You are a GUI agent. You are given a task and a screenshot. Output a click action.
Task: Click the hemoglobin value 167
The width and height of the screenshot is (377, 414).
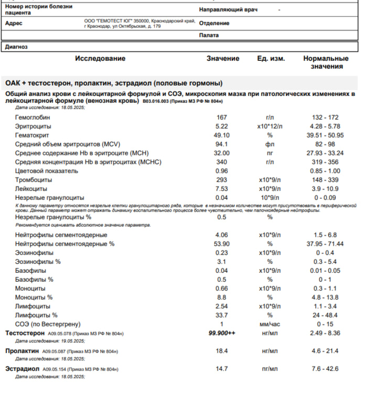(x=222, y=117)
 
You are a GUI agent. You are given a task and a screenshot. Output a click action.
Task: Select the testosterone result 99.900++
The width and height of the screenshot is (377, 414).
(x=222, y=333)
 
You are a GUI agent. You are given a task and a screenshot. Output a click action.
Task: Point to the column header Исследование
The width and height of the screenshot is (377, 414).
(x=100, y=59)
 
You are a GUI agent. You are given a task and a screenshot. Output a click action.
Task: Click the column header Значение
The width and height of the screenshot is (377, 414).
(x=223, y=59)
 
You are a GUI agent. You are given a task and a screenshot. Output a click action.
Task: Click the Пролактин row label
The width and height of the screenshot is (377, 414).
(x=23, y=351)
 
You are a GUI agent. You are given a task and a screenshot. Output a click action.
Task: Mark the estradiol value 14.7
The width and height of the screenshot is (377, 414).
(x=222, y=369)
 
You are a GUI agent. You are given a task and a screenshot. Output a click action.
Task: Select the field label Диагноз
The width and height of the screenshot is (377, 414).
(x=16, y=47)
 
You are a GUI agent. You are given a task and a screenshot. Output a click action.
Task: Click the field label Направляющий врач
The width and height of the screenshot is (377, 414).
(x=228, y=10)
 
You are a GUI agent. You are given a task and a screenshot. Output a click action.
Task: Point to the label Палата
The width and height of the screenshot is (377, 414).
(x=209, y=36)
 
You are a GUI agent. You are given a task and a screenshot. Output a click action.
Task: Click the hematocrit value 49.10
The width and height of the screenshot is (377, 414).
(x=222, y=135)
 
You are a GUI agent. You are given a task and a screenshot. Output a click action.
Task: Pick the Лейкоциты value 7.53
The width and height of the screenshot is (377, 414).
(x=222, y=188)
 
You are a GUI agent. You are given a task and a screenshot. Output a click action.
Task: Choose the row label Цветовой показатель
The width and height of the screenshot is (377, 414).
(x=47, y=171)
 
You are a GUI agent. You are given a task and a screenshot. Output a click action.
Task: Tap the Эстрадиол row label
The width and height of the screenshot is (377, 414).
(x=23, y=369)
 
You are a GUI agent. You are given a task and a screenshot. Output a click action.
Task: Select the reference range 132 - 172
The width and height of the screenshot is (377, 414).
(x=325, y=117)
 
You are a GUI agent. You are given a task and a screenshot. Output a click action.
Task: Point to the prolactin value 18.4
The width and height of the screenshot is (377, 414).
(x=222, y=351)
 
